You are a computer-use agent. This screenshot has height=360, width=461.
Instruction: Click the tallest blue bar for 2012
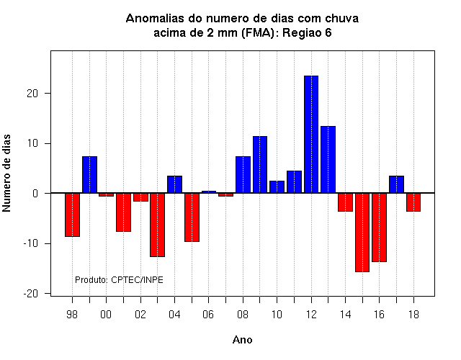[311, 135]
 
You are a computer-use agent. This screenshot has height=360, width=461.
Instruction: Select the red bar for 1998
[72, 215]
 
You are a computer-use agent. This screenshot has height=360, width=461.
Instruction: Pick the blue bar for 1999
[89, 174]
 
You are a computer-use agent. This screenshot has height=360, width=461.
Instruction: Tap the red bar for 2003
[157, 225]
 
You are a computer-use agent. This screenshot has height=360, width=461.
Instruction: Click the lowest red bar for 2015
[362, 233]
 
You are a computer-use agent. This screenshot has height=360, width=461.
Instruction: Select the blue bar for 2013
[328, 160]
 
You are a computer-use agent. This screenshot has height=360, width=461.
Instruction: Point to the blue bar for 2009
[260, 165]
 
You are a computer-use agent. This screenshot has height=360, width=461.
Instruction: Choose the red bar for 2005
[192, 217]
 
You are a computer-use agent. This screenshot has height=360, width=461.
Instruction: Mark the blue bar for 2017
[396, 184]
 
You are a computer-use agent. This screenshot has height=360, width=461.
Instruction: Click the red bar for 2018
[413, 202]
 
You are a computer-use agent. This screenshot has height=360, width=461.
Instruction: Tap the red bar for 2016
[380, 228]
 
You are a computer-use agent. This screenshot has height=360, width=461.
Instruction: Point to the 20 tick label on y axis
[32, 94]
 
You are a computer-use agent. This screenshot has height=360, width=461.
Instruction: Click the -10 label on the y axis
[31, 243]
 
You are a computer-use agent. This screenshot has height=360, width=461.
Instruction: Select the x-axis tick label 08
[243, 315]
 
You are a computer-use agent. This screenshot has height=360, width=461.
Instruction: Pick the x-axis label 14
[345, 315]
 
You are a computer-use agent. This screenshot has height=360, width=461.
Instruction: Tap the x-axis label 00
[106, 315]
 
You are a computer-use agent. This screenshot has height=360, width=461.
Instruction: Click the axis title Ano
[243, 340]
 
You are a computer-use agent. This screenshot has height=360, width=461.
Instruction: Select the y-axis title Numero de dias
[6, 173]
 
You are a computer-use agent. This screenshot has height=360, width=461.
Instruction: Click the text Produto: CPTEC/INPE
[119, 280]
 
